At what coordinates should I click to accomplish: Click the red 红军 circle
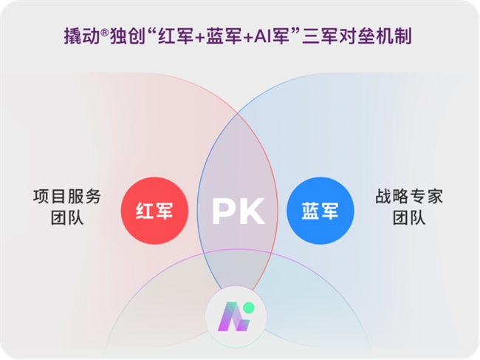pyautogui.click(x=154, y=211)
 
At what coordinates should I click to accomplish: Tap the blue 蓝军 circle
pyautogui.click(x=320, y=211)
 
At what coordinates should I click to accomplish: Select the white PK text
pyautogui.click(x=239, y=211)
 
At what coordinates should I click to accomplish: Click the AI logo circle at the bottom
pyautogui.click(x=236, y=317)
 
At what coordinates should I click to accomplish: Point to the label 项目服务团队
pyautogui.click(x=67, y=207)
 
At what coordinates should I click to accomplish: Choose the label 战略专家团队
pyautogui.click(x=409, y=207)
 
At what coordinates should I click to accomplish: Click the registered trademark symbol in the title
pyautogui.click(x=105, y=33)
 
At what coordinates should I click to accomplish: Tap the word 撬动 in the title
pyautogui.click(x=82, y=36)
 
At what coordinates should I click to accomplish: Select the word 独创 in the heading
pyautogui.click(x=127, y=36)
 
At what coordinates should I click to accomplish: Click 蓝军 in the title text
pyautogui.click(x=224, y=36)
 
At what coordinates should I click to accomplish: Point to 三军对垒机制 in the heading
pyautogui.click(x=357, y=36)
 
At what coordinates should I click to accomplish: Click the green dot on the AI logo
pyautogui.click(x=250, y=308)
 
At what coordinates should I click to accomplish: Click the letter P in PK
pyautogui.click(x=224, y=211)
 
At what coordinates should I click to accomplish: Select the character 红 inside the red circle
pyautogui.click(x=145, y=211)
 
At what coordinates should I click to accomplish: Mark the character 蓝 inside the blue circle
pyautogui.click(x=310, y=211)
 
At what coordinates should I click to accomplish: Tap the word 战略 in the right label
pyautogui.click(x=392, y=197)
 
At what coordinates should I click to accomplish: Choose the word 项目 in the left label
pyautogui.click(x=49, y=197)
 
